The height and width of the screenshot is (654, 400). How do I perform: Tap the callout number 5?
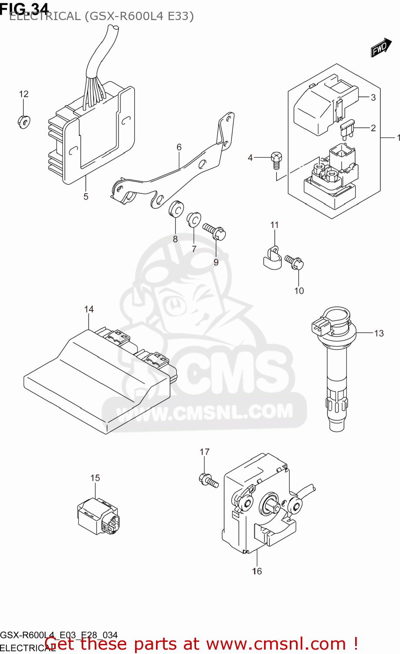86,197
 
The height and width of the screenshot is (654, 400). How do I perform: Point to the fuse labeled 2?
348,129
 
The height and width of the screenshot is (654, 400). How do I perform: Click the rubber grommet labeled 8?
176,208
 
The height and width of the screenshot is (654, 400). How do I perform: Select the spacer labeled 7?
193,220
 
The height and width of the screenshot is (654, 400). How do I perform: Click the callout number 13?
379,334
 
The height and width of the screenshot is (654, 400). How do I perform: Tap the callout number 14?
89,309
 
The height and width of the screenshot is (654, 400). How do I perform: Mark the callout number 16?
257,571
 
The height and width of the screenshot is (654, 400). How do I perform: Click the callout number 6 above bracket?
179,147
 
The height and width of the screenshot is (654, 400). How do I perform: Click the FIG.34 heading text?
24,7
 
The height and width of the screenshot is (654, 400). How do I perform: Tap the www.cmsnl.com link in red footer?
275,644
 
